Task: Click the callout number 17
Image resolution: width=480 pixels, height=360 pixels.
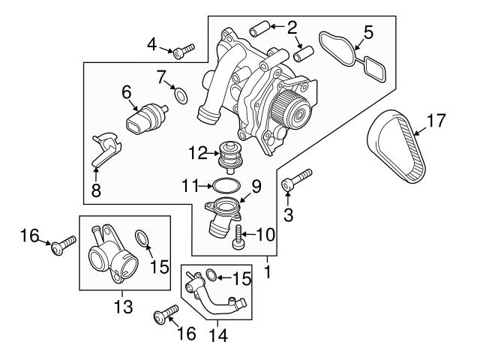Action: click(436, 118)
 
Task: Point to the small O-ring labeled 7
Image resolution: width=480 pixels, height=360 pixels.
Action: click(180, 94)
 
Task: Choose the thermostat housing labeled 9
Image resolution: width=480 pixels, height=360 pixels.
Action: click(224, 214)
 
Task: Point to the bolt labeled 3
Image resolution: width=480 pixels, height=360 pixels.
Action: click(295, 181)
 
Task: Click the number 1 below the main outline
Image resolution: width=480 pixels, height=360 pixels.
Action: click(268, 267)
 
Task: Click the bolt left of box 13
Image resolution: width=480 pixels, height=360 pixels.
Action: click(64, 244)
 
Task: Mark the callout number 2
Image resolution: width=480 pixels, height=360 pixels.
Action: click(292, 29)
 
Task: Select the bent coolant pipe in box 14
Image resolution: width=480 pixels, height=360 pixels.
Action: click(217, 296)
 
